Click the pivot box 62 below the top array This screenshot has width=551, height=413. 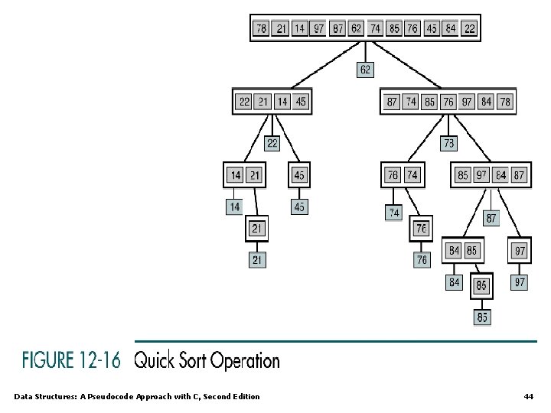(x=365, y=70)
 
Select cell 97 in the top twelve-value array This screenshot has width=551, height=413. (x=318, y=29)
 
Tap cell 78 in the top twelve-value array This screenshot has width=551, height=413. (x=262, y=29)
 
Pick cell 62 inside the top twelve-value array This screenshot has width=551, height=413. (x=356, y=29)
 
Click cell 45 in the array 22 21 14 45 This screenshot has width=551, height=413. (x=301, y=102)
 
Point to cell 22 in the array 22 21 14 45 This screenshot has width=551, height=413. (x=244, y=102)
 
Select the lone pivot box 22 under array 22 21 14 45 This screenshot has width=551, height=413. (x=272, y=143)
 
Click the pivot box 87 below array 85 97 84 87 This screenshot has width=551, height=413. (x=491, y=218)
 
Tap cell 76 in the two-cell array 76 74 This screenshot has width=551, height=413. (x=393, y=175)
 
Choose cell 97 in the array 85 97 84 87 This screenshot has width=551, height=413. (x=481, y=175)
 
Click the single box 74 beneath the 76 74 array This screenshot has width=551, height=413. (x=393, y=212)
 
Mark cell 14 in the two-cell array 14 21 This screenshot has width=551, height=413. (x=236, y=175)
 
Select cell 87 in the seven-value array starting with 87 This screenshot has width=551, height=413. (x=392, y=102)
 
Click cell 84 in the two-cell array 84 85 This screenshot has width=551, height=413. (x=455, y=249)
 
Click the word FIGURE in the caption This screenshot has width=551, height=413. (x=48, y=360)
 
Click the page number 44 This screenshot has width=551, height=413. (x=528, y=396)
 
